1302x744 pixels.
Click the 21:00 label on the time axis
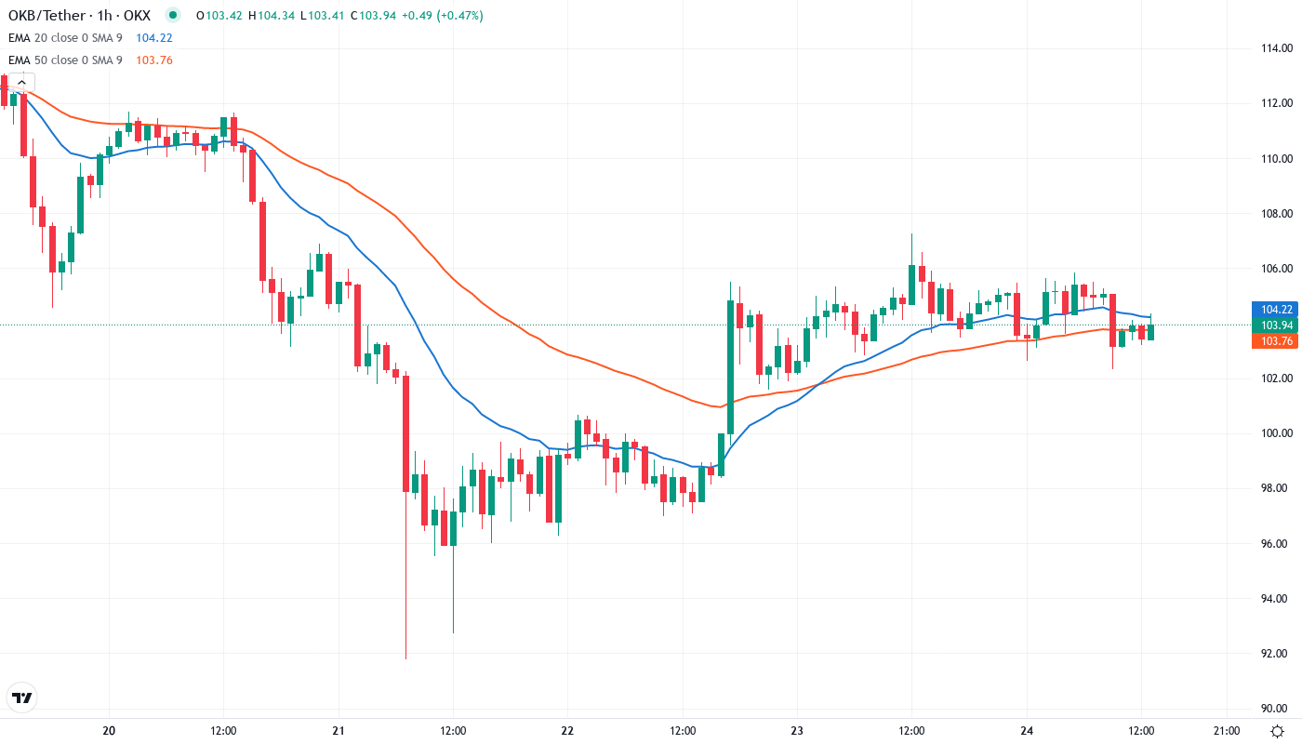pyautogui.click(x=1226, y=731)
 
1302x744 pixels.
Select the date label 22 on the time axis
pyautogui.click(x=567, y=731)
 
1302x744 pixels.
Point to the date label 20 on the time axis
pyautogui.click(x=109, y=731)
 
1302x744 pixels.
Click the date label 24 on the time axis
pyautogui.click(x=1027, y=731)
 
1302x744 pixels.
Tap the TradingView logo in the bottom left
pyautogui.click(x=22, y=697)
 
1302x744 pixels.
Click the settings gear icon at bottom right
pyautogui.click(x=1279, y=731)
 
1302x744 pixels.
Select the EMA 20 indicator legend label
pyautogui.click(x=65, y=38)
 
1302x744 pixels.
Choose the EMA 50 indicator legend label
pyautogui.click(x=65, y=60)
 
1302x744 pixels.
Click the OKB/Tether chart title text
pyautogui.click(x=78, y=16)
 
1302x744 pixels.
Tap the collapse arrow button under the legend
pyautogui.click(x=20, y=83)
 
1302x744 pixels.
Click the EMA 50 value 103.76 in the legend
pyautogui.click(x=154, y=60)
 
